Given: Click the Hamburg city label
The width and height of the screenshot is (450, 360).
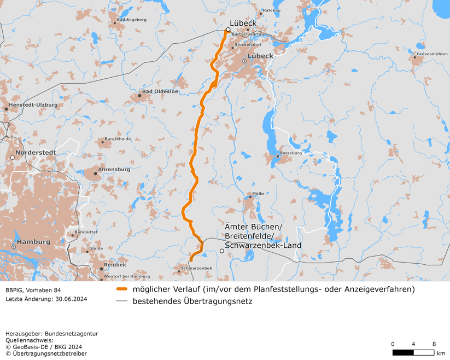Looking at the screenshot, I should (x=33, y=242).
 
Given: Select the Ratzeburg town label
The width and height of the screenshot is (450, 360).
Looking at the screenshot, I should (x=290, y=153).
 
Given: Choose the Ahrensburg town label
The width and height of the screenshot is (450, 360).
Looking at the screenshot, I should (x=114, y=170).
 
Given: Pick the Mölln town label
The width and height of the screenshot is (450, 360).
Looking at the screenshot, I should (x=258, y=194).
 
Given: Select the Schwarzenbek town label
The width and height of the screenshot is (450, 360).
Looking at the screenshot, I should (x=196, y=268).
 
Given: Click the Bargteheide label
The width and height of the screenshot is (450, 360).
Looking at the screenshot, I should (x=118, y=139).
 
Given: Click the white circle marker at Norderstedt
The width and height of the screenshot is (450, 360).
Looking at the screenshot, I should (x=13, y=158).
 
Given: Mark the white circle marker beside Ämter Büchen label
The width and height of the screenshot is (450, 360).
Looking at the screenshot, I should (x=221, y=251).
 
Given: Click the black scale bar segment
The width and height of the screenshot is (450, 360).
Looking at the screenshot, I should (x=403, y=353).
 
